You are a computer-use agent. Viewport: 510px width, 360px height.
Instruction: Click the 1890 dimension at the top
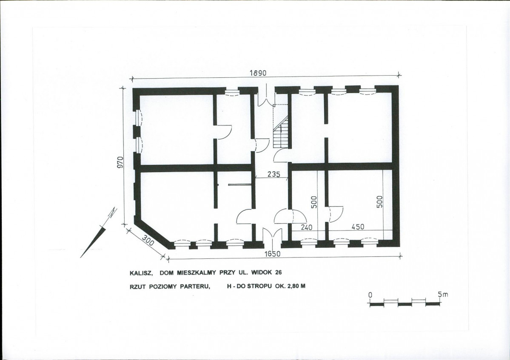pos(258,73)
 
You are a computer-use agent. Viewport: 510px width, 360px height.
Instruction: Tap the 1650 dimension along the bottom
pos(272,254)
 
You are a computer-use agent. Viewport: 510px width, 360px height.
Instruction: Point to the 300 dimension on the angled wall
pos(148,242)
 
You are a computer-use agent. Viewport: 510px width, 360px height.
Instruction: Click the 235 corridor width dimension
pos(274,174)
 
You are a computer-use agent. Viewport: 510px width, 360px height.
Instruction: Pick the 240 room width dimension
pos(306,227)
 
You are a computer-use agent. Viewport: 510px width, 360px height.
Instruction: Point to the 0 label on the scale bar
pos(370,294)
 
